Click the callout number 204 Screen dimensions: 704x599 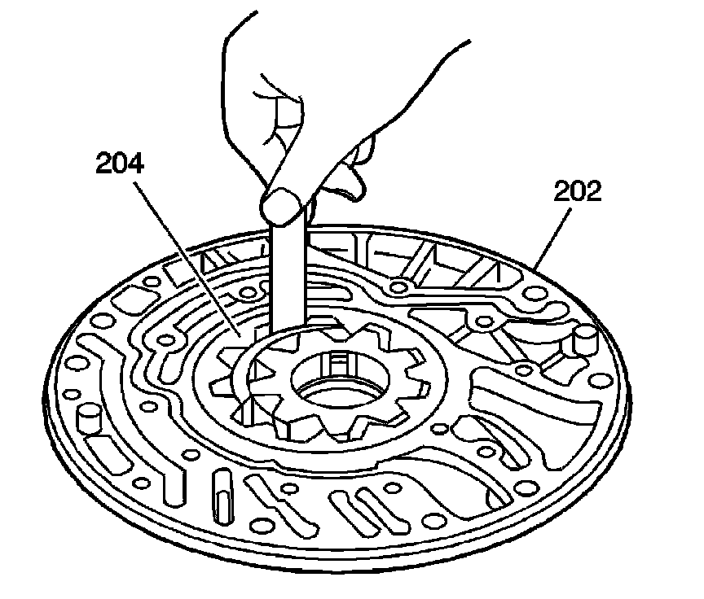coord(119,164)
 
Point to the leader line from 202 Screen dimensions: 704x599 coord(554,236)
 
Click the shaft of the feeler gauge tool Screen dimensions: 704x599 coord(286,269)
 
